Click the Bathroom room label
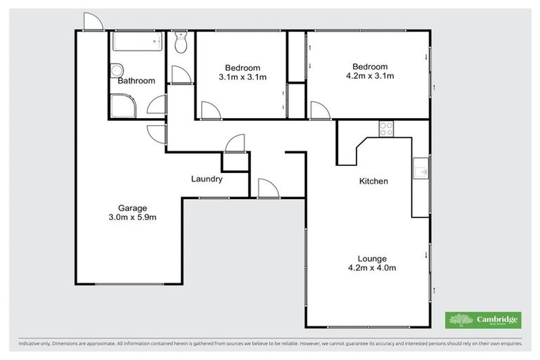(136, 81)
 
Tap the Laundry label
(207, 179)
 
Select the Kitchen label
(373, 181)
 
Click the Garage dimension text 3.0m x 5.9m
(132, 217)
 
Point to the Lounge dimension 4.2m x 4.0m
(372, 268)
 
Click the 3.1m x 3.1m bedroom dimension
(243, 77)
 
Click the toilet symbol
(181, 44)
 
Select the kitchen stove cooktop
(386, 128)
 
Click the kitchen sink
(420, 169)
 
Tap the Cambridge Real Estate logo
(483, 321)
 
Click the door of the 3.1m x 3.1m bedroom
(209, 110)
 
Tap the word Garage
(132, 207)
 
